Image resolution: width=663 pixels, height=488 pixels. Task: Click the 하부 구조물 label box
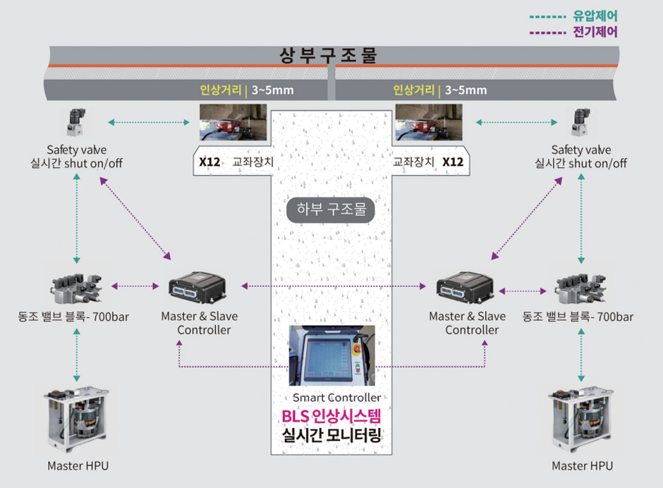[x=331, y=209]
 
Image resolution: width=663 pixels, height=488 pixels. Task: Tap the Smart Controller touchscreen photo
[x=331, y=355]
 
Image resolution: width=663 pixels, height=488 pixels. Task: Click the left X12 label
[x=209, y=161]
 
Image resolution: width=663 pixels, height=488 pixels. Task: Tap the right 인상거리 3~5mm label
[x=440, y=90]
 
